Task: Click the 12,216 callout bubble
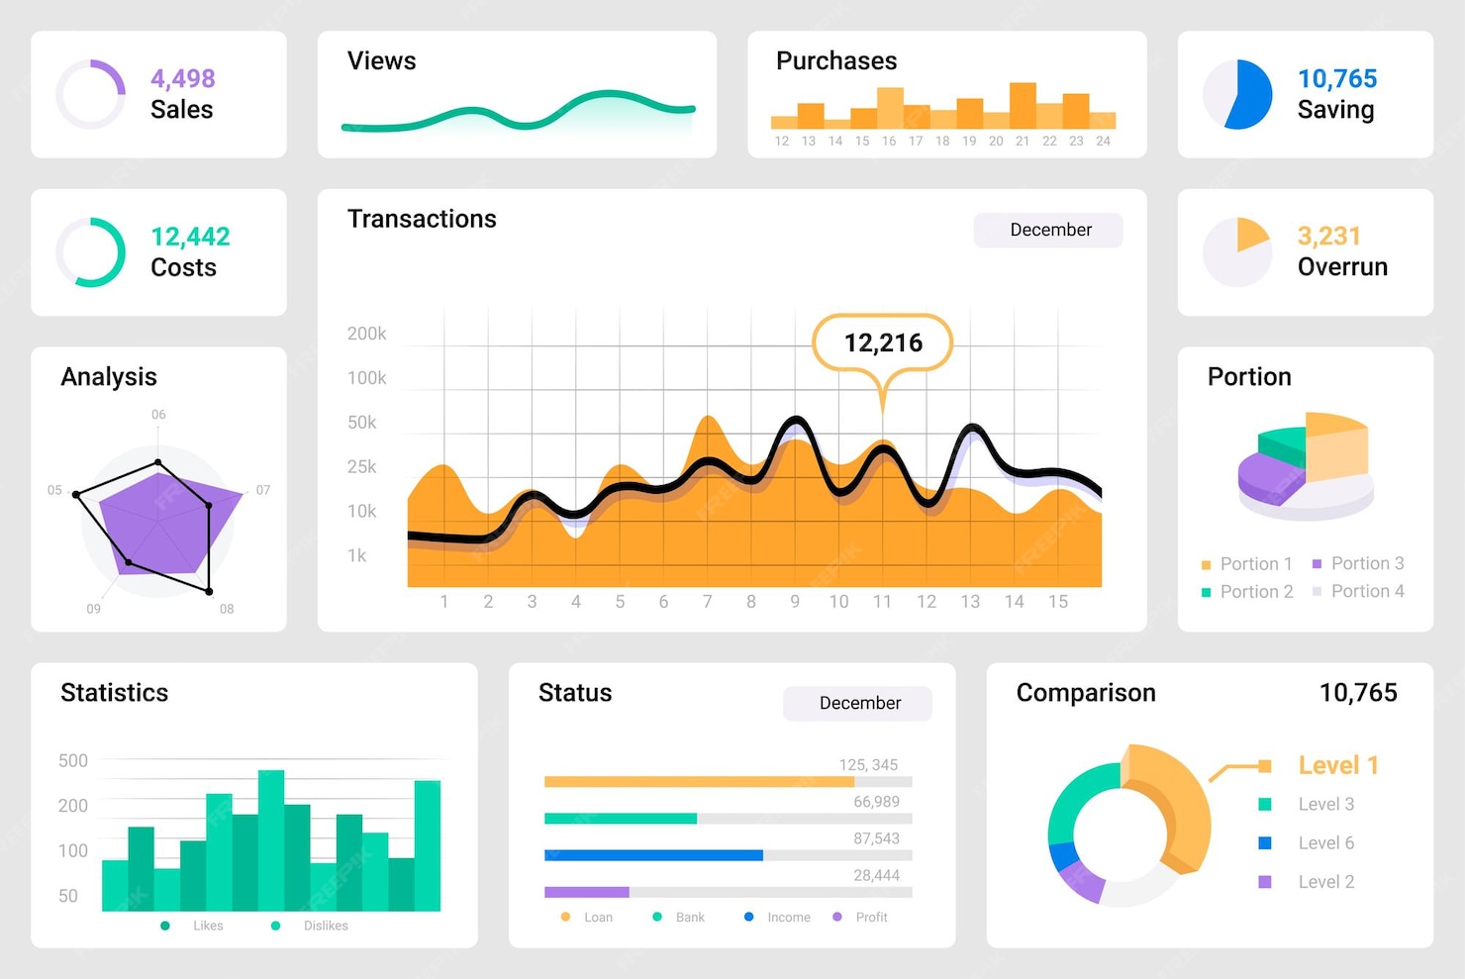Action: point(882,343)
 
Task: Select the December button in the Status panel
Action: point(858,703)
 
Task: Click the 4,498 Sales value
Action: point(182,78)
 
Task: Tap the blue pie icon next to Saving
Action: point(1237,94)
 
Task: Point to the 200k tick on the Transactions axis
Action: point(366,334)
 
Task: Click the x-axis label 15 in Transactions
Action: point(1057,601)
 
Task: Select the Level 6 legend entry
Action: point(1324,842)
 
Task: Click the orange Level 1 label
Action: point(1337,765)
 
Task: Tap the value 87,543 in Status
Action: point(876,838)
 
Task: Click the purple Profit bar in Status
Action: point(587,892)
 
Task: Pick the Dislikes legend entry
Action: point(325,926)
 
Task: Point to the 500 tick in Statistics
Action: point(73,760)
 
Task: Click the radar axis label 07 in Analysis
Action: point(263,490)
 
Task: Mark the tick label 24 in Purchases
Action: point(1103,142)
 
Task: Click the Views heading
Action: point(381,61)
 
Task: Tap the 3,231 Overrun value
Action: point(1328,236)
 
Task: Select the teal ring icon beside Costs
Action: point(91,252)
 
